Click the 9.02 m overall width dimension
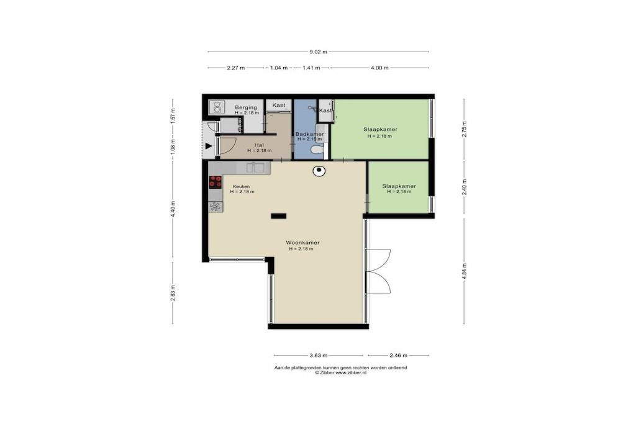[318, 52]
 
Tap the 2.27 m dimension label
[235, 68]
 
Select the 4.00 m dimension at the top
[379, 68]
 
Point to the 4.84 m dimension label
[465, 271]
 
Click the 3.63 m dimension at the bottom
[319, 356]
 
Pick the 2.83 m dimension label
[173, 293]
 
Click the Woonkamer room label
[302, 243]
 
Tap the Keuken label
[241, 186]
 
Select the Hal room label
[259, 145]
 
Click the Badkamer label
[309, 134]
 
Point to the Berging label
[246, 107]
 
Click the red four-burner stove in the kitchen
[216, 182]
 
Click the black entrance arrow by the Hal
[209, 146]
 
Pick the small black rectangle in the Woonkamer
[279, 216]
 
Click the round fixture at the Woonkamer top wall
[319, 171]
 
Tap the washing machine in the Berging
[217, 107]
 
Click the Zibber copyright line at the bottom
[341, 372]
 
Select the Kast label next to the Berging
[279, 105]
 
